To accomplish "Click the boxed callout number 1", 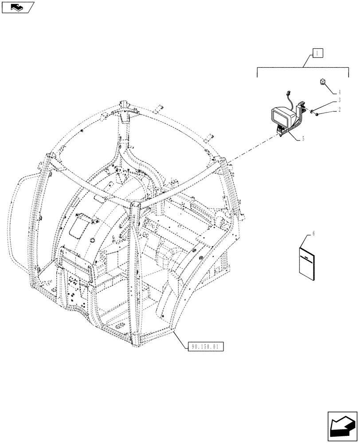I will pos(318,53).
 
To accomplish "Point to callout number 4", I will pos(339,93).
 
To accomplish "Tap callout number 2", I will pos(339,109).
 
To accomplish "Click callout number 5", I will pos(303,138).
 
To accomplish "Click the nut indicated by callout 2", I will pos(318,115).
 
